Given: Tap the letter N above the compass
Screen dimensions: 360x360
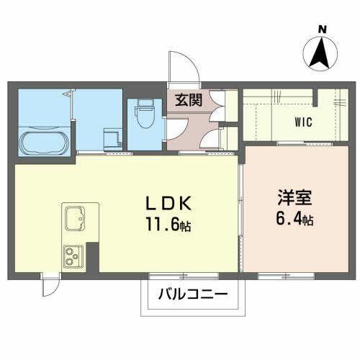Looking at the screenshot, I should (323, 30).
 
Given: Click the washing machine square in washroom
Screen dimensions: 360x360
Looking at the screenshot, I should (111, 137).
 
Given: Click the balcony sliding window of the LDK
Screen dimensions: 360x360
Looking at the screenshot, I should (184, 276).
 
